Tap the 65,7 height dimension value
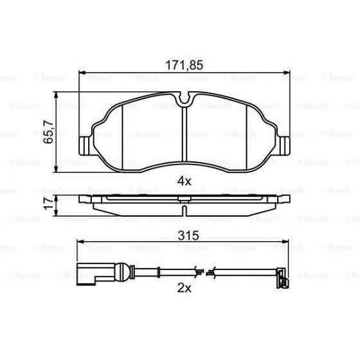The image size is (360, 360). [48, 133]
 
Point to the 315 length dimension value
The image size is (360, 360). [184, 235]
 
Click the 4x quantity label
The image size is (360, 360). [184, 181]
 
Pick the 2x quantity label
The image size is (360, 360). [184, 287]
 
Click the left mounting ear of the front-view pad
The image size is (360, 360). [84, 145]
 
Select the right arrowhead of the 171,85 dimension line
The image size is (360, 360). [286, 73]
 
